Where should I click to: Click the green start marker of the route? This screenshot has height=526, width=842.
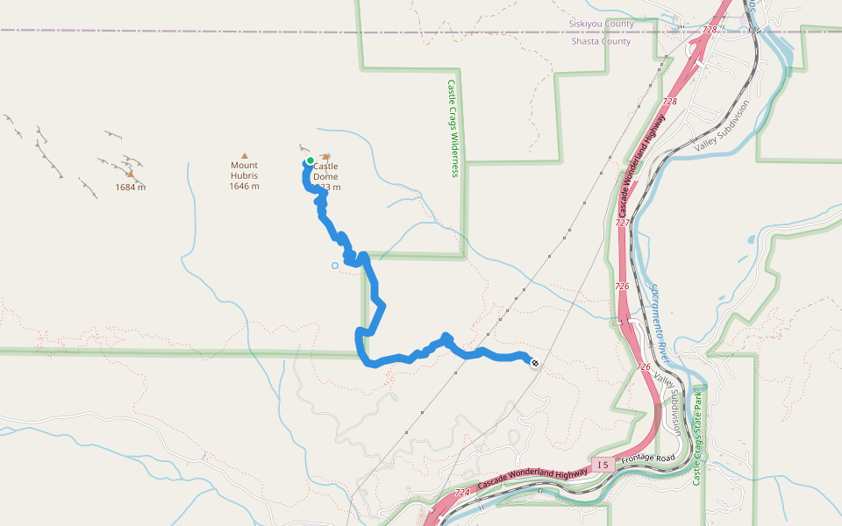(x=310, y=160)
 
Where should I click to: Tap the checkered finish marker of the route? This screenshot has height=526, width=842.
(x=535, y=363)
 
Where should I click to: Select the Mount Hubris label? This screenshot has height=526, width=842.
(x=244, y=170)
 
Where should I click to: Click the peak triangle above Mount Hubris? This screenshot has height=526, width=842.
(x=245, y=155)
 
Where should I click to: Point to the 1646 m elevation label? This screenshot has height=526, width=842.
(x=244, y=187)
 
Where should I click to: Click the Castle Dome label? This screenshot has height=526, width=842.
(x=325, y=171)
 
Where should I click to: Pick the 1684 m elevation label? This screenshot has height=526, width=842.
(x=131, y=188)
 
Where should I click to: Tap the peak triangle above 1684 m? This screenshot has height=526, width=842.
(x=130, y=174)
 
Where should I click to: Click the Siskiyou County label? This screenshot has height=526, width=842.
(x=601, y=25)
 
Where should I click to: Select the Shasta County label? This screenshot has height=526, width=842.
(x=601, y=41)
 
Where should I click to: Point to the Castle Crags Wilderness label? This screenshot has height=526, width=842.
(x=453, y=129)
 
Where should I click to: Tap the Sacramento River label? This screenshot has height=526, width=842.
(x=663, y=323)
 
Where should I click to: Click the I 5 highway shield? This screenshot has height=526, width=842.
(x=601, y=464)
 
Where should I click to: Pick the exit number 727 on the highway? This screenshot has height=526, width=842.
(x=622, y=223)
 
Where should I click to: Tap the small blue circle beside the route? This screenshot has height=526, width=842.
(x=334, y=266)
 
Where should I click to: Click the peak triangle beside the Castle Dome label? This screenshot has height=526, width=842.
(x=326, y=157)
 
